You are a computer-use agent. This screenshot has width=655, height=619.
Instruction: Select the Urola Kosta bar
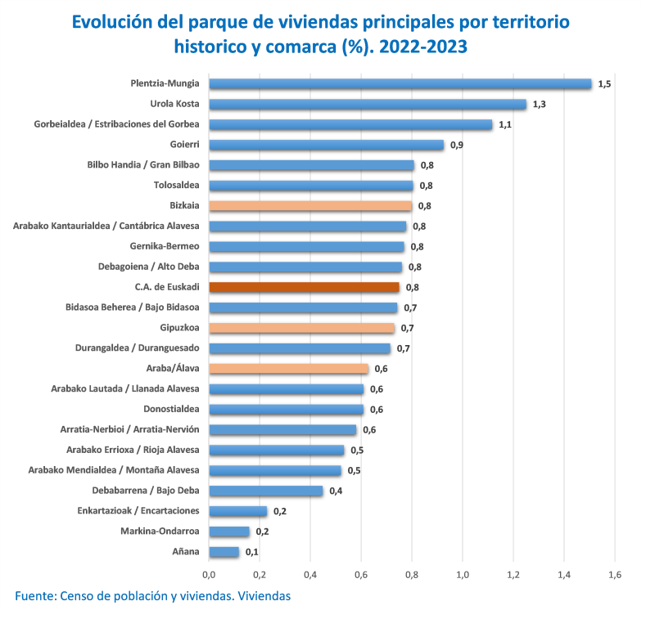pyautogui.click(x=368, y=104)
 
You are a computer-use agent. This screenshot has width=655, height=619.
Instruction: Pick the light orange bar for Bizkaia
pyautogui.click(x=310, y=206)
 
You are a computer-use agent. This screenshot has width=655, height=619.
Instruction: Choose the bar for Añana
pyautogui.click(x=224, y=552)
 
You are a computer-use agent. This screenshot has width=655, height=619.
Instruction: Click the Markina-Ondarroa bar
pyautogui.click(x=229, y=532)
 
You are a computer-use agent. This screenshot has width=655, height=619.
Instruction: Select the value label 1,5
pyautogui.click(x=604, y=84)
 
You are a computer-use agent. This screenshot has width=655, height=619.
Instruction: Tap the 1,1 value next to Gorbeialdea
pyautogui.click(x=505, y=125)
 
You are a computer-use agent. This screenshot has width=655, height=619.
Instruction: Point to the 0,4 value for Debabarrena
pyautogui.click(x=336, y=491)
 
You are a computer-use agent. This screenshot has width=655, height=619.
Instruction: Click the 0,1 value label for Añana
pyautogui.click(x=251, y=553)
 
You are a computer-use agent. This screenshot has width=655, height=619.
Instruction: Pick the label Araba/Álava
pyautogui.click(x=173, y=369)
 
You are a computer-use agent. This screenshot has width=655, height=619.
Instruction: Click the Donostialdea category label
pyautogui.click(x=172, y=409)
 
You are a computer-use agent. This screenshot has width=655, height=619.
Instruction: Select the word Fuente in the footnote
pyautogui.click(x=34, y=596)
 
